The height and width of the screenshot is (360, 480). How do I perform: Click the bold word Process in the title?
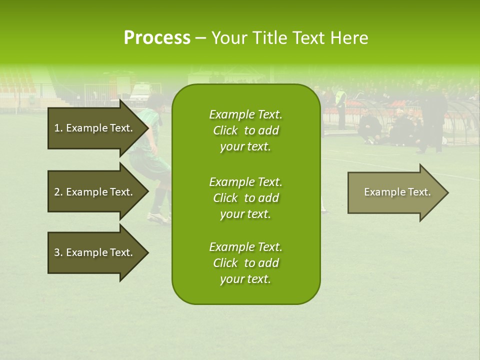click(157, 38)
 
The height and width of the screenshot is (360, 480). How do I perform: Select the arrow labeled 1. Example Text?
click(95, 128)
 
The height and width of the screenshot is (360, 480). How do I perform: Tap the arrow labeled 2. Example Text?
click(95, 192)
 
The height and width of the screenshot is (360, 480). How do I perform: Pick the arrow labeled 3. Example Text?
click(95, 252)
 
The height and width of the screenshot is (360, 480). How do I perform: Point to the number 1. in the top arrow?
click(58, 128)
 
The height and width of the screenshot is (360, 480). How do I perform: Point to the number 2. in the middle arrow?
click(58, 192)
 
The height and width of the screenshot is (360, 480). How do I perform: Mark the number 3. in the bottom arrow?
click(58, 252)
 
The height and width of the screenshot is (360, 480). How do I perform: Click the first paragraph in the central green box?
click(245, 130)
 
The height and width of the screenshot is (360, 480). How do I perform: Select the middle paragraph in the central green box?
click(245, 198)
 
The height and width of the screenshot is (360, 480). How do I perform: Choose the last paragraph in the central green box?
click(245, 263)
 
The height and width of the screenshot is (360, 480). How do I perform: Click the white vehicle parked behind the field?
click(140, 92)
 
